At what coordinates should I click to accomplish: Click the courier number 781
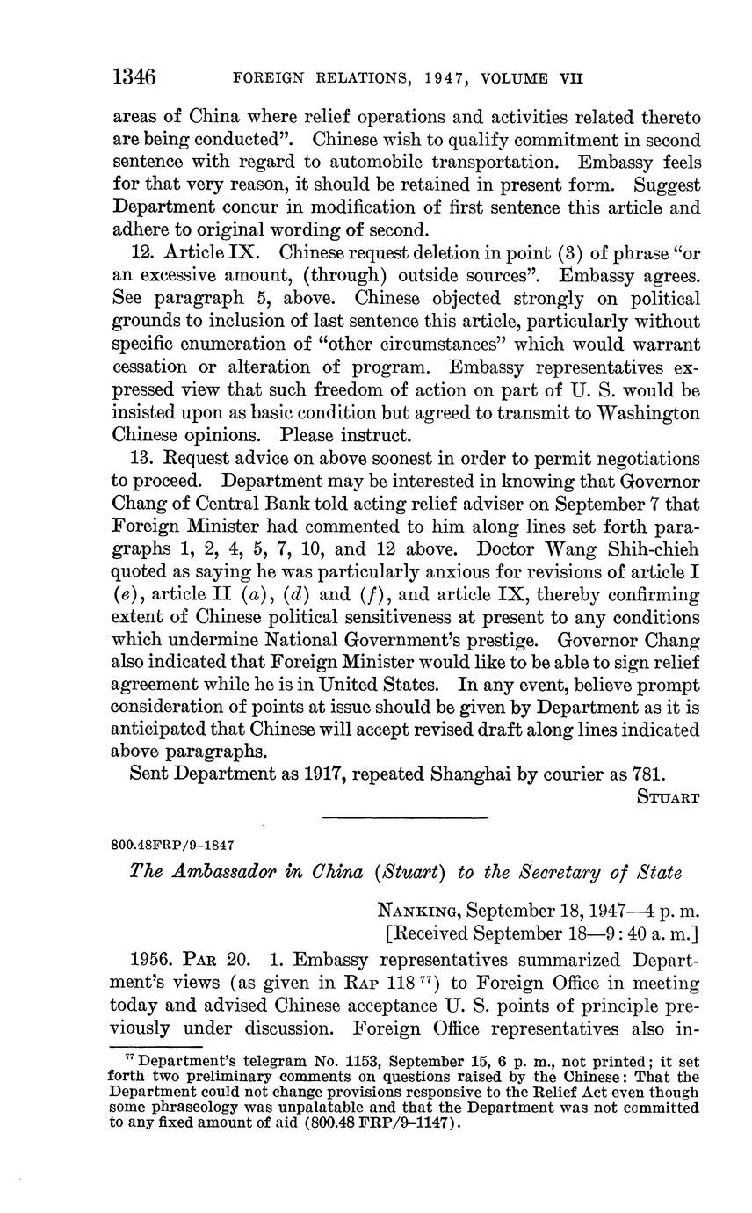coord(648,774)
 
